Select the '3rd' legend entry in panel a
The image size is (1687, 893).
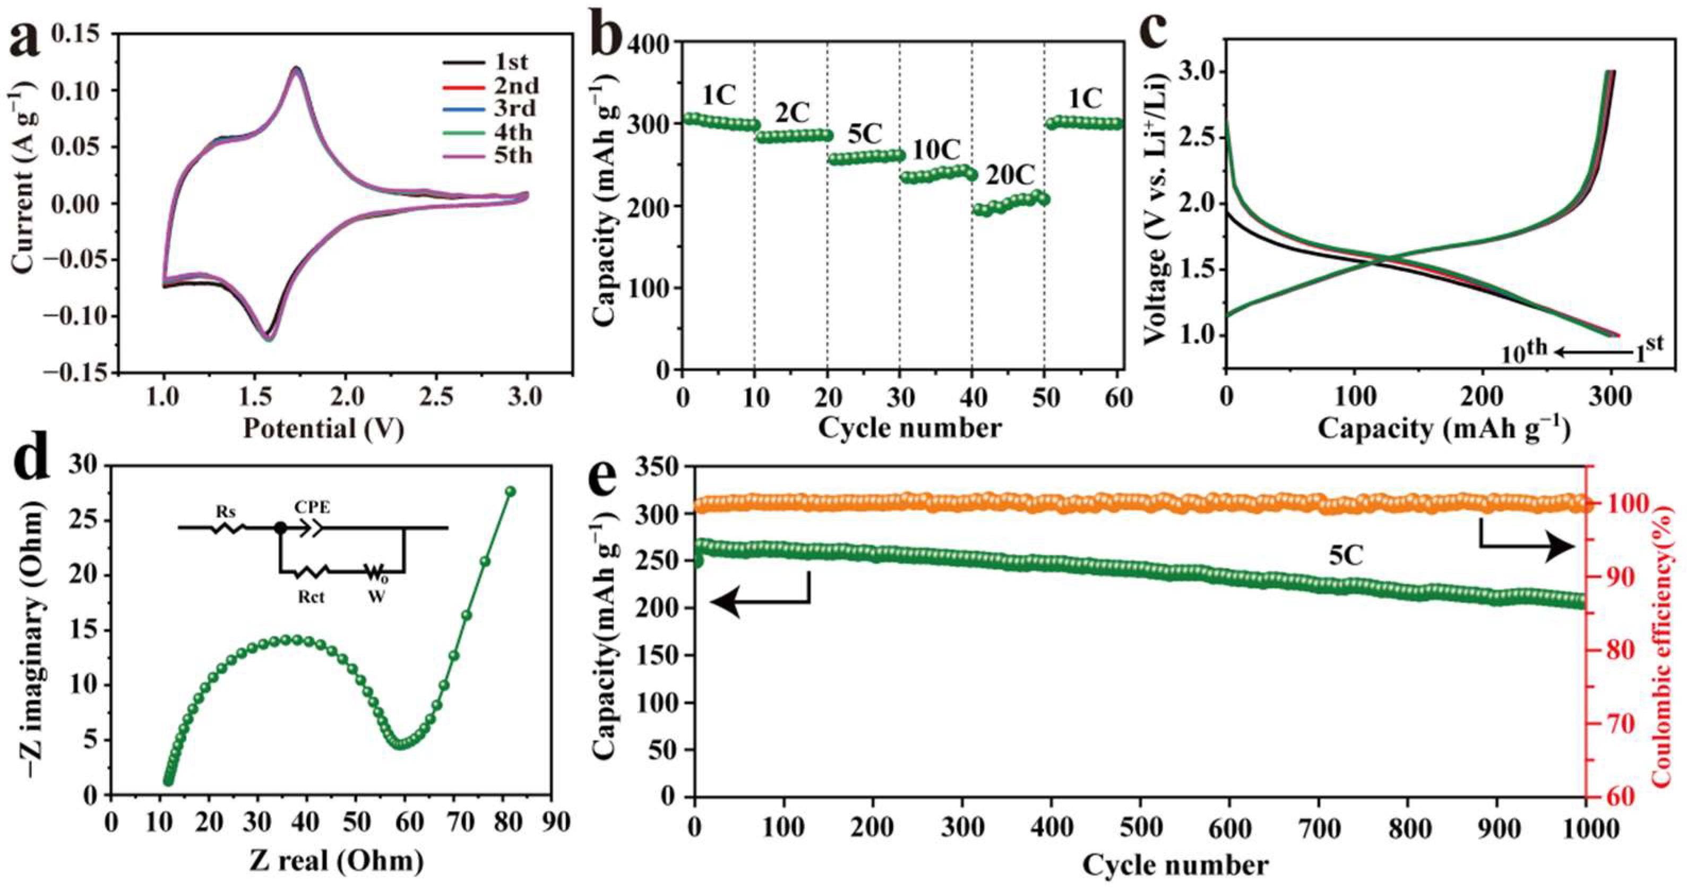click(x=513, y=109)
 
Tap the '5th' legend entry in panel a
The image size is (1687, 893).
click(x=513, y=156)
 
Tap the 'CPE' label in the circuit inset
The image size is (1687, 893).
click(x=312, y=507)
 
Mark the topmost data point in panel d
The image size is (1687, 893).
click(x=511, y=491)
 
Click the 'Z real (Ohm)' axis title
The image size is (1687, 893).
click(x=335, y=860)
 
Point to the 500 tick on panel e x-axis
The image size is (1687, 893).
click(x=1140, y=828)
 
